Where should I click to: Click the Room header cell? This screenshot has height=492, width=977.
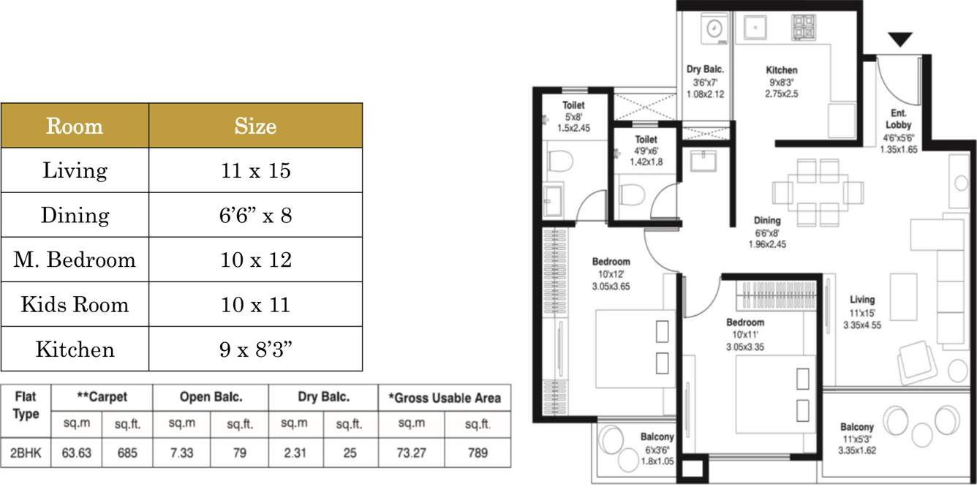(x=75, y=126)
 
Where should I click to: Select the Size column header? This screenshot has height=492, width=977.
(x=256, y=126)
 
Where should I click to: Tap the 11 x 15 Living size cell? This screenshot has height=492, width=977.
(x=256, y=170)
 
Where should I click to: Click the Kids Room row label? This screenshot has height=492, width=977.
(x=75, y=304)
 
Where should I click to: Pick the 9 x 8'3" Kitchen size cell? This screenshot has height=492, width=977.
(x=256, y=349)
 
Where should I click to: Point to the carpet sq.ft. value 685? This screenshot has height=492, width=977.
(x=127, y=453)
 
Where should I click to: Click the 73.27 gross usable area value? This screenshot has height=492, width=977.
(x=411, y=453)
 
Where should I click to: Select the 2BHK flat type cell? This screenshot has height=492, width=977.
(x=26, y=453)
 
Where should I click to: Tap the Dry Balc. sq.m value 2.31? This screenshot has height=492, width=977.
(x=295, y=453)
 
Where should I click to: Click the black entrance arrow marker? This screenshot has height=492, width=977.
(x=899, y=39)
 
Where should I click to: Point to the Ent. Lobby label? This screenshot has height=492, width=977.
(x=899, y=119)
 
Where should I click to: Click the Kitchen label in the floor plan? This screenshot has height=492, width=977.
(x=782, y=69)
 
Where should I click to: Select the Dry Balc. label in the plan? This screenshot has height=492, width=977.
(x=705, y=69)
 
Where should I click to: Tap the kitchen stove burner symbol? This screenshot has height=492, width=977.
(x=804, y=27)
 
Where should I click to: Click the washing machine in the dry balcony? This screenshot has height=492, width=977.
(x=714, y=29)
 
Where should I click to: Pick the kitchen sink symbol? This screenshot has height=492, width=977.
(x=755, y=28)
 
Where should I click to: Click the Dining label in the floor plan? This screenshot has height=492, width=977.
(x=767, y=221)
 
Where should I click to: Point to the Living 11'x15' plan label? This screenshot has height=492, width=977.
(x=862, y=312)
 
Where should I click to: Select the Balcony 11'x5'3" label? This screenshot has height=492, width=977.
(x=857, y=439)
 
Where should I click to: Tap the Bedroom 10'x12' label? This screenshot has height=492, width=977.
(x=611, y=274)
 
